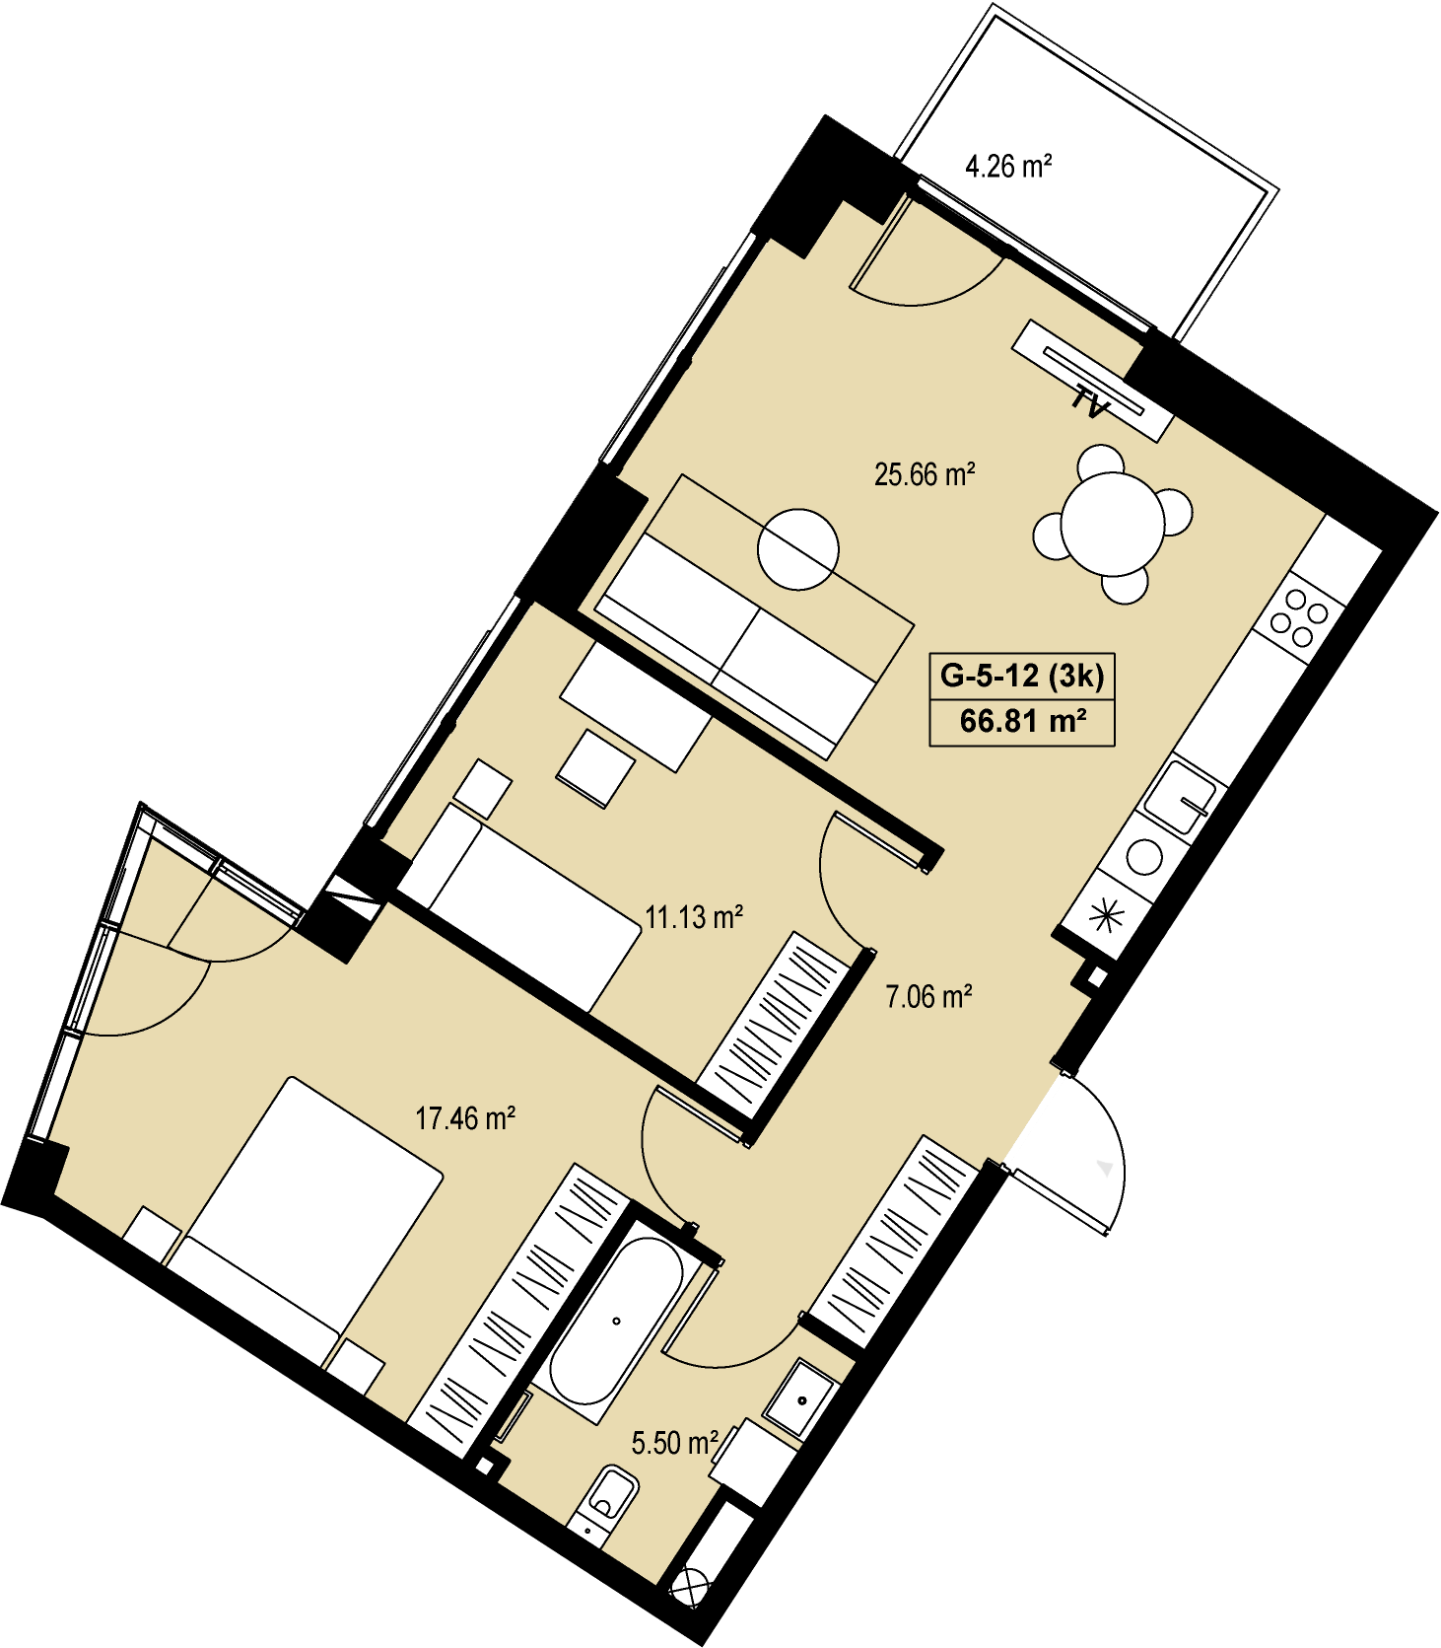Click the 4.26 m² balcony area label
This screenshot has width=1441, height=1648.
(x=1008, y=166)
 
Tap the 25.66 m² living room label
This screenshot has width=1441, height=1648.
(x=925, y=474)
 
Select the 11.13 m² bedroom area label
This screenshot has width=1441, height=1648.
(x=694, y=917)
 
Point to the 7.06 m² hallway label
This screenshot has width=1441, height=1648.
(x=929, y=996)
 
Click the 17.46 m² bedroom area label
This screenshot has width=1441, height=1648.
(x=465, y=1118)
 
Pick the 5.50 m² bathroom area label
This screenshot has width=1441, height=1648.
(x=674, y=1443)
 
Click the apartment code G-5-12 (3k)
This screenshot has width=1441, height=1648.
(x=1022, y=676)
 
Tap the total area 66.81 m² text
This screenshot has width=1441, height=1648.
(x=1023, y=721)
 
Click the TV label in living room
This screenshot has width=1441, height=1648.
(x=1092, y=402)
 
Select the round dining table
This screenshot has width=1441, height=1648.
(x=1113, y=524)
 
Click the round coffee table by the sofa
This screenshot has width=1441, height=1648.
(x=798, y=549)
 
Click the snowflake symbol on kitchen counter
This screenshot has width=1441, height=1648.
(x=1106, y=916)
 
